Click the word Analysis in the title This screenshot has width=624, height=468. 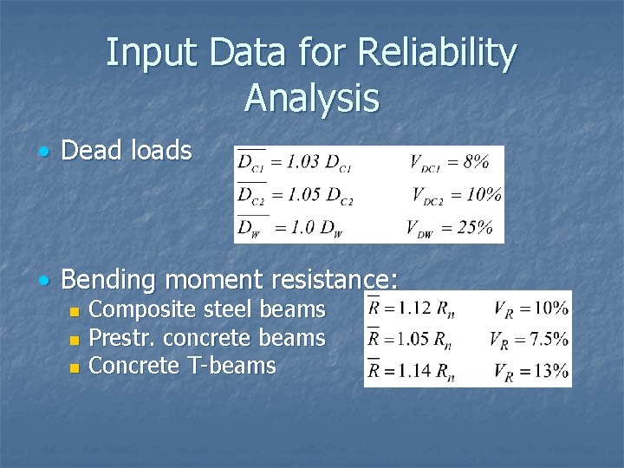point(312,97)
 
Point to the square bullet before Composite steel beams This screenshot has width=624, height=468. point(75,311)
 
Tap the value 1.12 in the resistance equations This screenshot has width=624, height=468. point(411,307)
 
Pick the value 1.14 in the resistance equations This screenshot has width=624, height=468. point(411,371)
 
